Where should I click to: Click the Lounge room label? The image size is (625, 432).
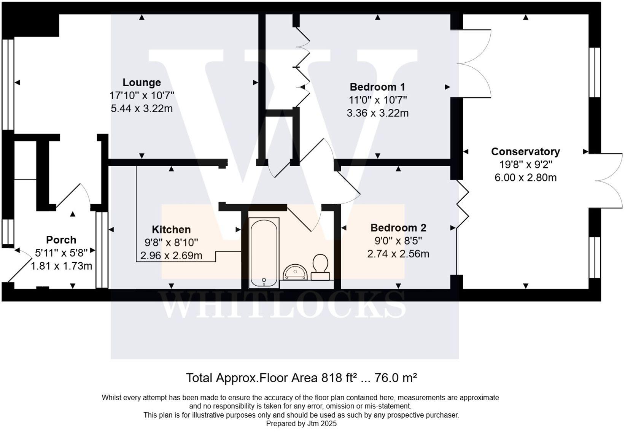(142, 83)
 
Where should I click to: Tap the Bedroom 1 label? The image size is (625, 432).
(377, 87)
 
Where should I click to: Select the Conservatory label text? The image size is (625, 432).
(525, 152)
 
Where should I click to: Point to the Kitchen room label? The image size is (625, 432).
(171, 230)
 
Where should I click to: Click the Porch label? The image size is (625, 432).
(61, 240)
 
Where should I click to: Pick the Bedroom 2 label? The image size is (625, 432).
(398, 228)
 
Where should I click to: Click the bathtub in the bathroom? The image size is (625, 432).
(264, 253)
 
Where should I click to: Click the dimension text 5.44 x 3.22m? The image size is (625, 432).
(142, 109)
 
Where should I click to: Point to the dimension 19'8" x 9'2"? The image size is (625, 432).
(525, 165)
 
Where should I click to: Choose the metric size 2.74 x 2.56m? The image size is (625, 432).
(398, 254)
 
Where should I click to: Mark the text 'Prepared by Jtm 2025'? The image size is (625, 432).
(301, 424)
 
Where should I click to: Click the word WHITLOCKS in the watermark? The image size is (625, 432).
(284, 305)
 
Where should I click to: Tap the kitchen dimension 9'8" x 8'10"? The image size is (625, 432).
(171, 243)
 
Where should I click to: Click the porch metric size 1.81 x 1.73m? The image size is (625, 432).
(61, 266)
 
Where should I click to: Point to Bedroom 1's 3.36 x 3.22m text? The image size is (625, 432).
(377, 113)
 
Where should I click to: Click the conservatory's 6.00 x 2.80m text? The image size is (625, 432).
(525, 178)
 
